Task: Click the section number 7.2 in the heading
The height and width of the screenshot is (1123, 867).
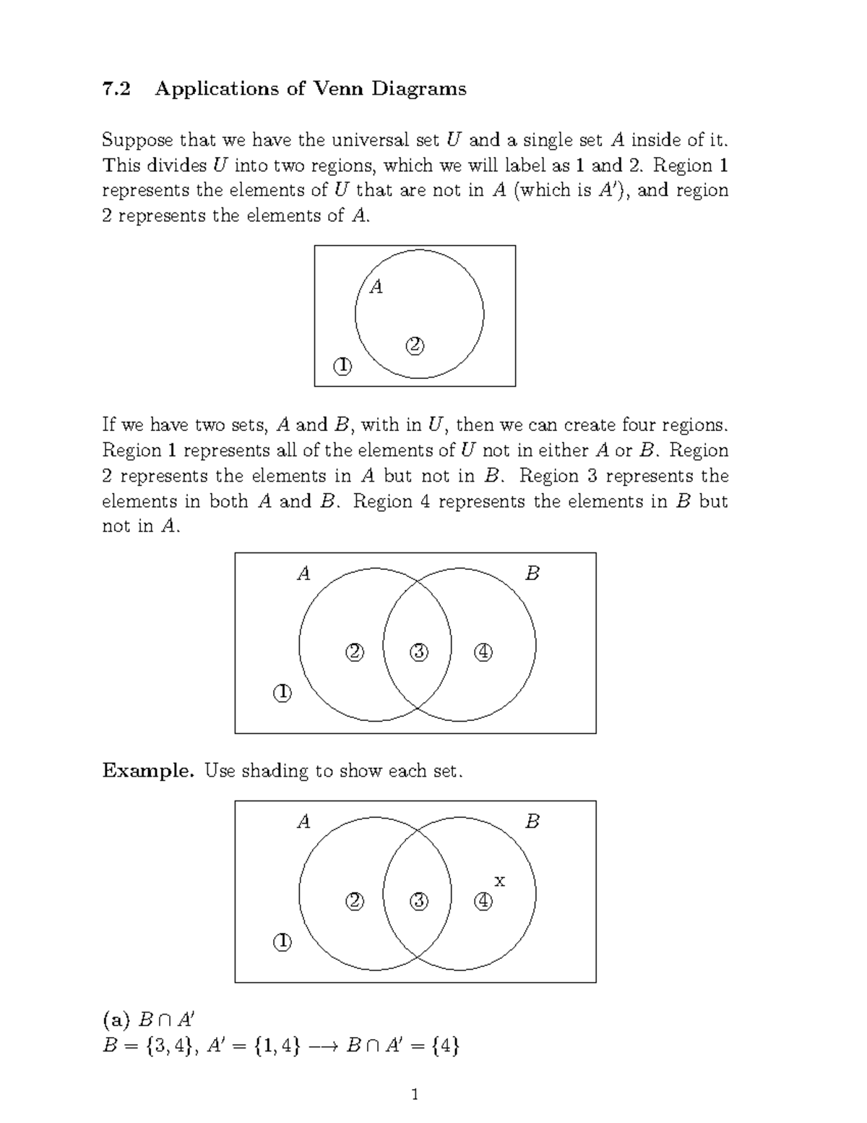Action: pyautogui.click(x=117, y=89)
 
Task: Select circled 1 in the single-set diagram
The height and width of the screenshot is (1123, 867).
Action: pyautogui.click(x=342, y=366)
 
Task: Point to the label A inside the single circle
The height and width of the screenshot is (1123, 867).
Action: pyautogui.click(x=376, y=288)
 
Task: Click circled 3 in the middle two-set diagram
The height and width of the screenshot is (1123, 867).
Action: pyautogui.click(x=418, y=652)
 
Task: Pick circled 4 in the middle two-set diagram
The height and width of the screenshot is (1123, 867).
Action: pyautogui.click(x=483, y=652)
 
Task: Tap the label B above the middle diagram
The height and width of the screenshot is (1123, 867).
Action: pyautogui.click(x=532, y=574)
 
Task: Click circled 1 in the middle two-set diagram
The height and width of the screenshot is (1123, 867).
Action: pyautogui.click(x=282, y=693)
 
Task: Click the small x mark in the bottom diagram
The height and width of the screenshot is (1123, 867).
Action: pyautogui.click(x=499, y=881)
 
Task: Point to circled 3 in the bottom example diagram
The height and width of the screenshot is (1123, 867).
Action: pyautogui.click(x=418, y=901)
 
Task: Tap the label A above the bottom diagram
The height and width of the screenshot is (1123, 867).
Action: pyautogui.click(x=304, y=822)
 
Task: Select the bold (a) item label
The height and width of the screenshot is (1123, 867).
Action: pyautogui.click(x=116, y=1020)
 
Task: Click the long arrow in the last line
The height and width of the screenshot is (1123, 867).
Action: pyautogui.click(x=322, y=1046)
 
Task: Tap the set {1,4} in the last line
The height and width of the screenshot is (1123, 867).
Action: pyautogui.click(x=277, y=1046)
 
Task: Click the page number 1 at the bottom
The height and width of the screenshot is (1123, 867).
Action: pyautogui.click(x=415, y=1094)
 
